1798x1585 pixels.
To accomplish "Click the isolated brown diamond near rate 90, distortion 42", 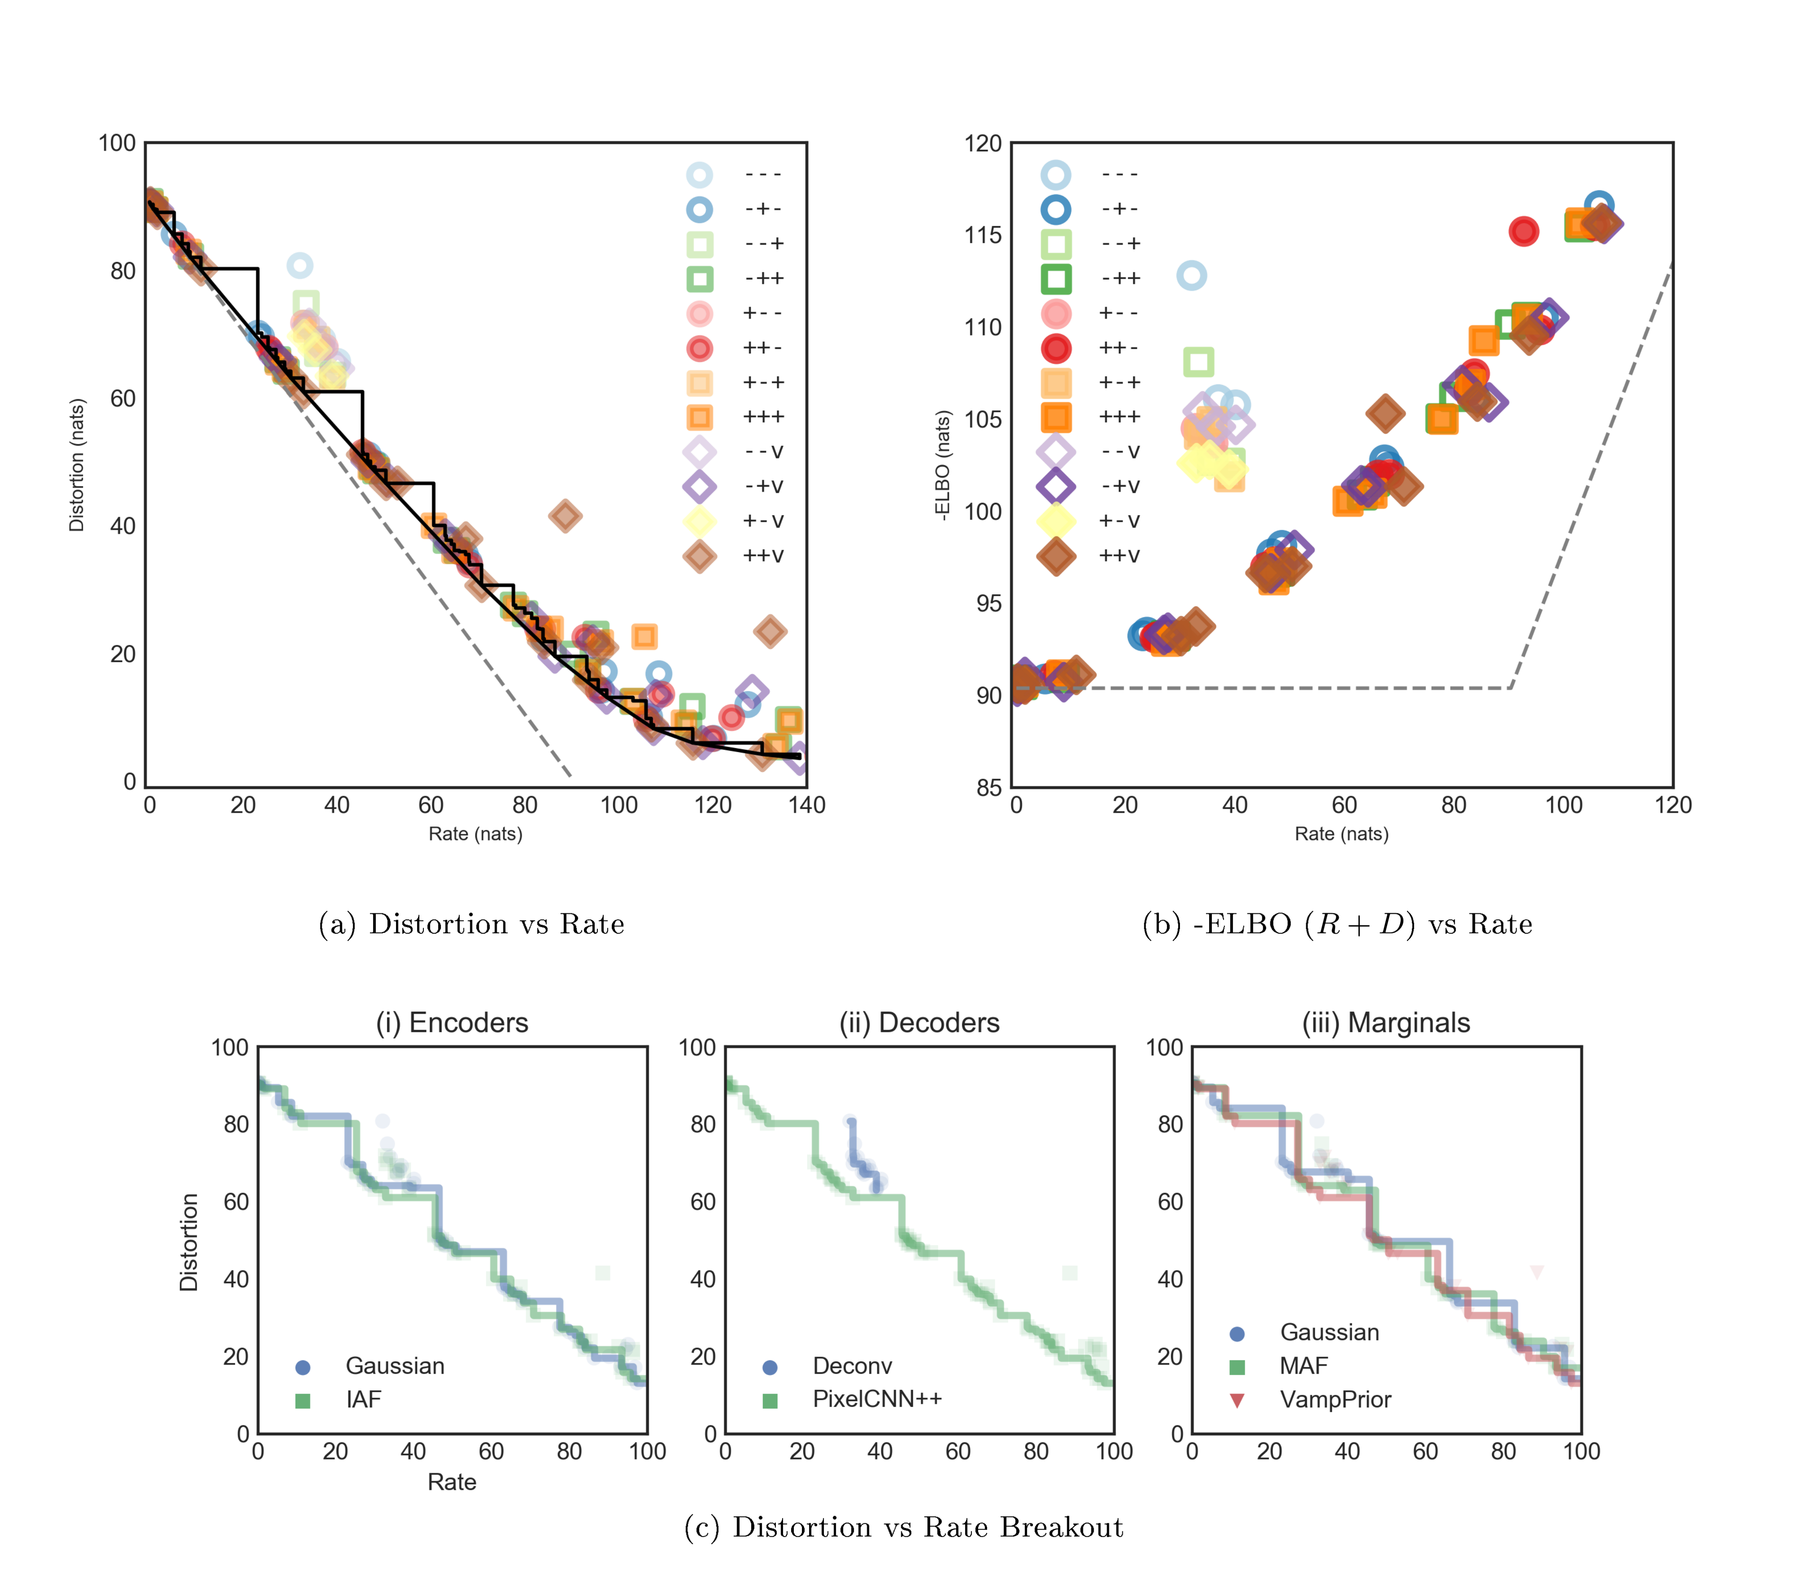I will tap(565, 516).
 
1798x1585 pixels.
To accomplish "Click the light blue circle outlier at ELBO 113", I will tap(1191, 275).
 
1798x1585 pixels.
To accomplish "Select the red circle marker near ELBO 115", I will tap(1523, 232).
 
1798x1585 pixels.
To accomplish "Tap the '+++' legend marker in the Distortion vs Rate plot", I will tap(699, 417).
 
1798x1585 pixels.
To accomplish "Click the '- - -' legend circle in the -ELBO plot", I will tap(1055, 174).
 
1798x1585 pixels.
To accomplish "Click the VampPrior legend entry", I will tap(1335, 1399).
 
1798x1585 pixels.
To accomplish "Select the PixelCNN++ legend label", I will tap(877, 1399).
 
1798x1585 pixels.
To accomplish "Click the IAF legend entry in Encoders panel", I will tap(363, 1399).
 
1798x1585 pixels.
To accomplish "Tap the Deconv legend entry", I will tap(851, 1366).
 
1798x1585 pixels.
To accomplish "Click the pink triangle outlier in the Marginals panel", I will tap(1537, 1272).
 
